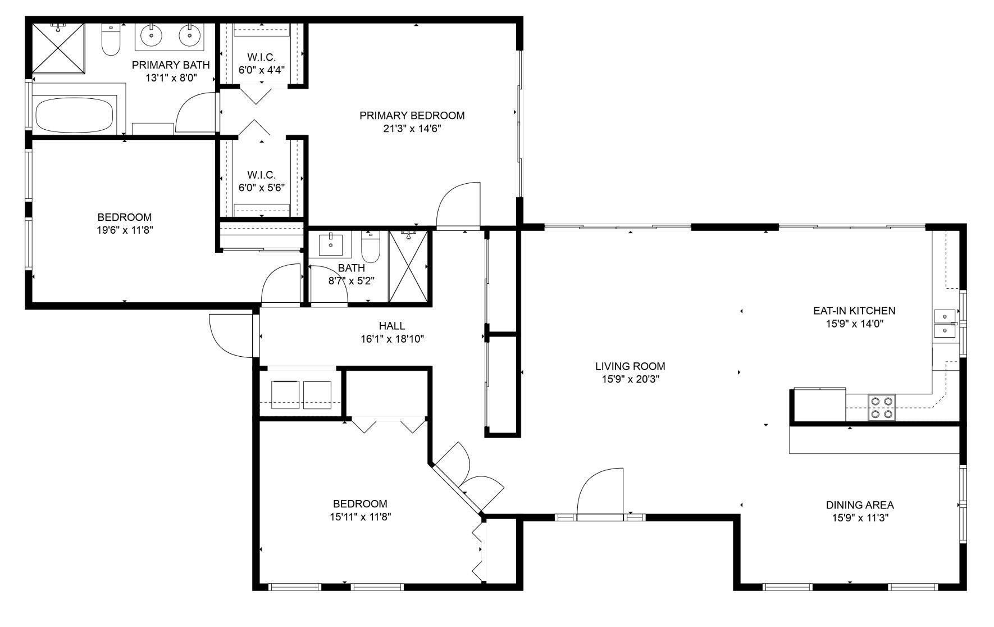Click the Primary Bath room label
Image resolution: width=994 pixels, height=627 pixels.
[171, 65]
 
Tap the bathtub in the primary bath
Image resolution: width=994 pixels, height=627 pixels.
[76, 115]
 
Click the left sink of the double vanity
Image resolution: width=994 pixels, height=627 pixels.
[151, 36]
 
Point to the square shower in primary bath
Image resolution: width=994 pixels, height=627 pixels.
[58, 48]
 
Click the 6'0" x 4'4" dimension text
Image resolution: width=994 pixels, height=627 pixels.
[261, 70]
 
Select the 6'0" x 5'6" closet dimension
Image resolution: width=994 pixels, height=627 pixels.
[261, 188]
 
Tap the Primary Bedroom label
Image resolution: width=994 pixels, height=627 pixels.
[412, 116]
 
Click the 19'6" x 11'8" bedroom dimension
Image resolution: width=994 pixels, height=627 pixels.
[124, 230]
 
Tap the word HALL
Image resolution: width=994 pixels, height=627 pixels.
[391, 326]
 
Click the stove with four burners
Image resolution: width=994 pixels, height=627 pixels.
[881, 408]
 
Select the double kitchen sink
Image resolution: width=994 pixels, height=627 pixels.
[945, 324]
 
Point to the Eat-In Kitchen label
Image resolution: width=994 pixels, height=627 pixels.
[854, 311]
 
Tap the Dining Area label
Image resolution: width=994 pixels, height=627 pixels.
[859, 505]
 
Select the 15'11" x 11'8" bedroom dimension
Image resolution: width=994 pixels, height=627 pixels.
[360, 517]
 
